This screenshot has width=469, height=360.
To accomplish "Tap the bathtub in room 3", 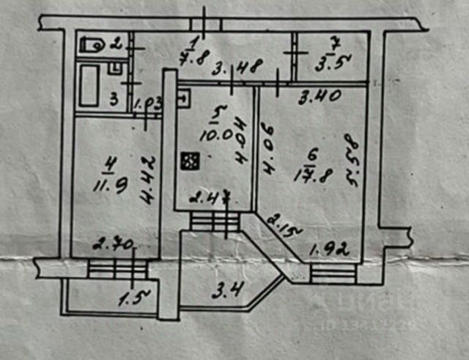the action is coord(89,85).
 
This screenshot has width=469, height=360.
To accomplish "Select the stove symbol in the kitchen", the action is coord(191,159).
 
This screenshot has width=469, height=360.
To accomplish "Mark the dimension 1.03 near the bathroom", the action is coord(149,103).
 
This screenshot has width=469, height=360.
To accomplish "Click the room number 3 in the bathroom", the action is coord(114,100).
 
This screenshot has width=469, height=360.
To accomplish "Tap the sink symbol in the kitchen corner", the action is coord(182,95).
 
